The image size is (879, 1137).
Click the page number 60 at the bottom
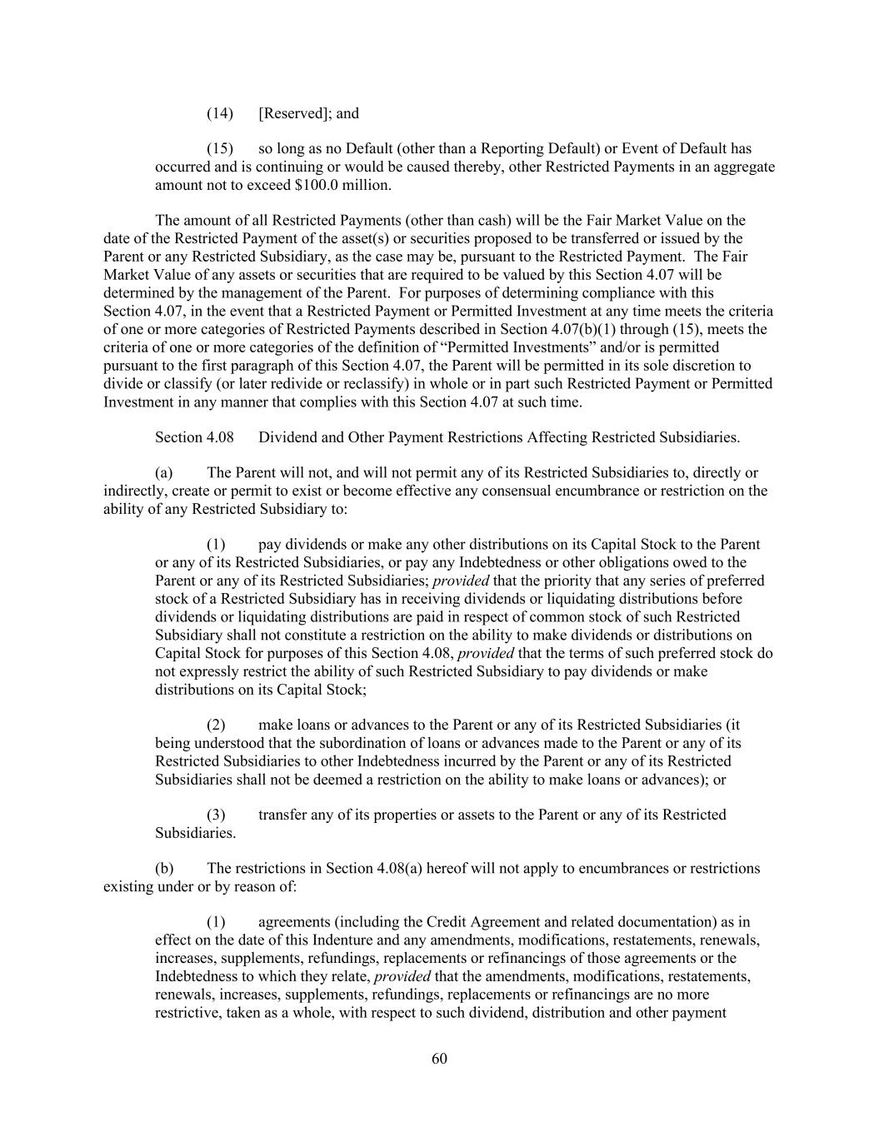(x=439, y=1059)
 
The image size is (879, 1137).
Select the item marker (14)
(x=219, y=113)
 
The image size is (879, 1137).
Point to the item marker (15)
(x=219, y=149)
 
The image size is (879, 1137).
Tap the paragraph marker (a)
(x=164, y=473)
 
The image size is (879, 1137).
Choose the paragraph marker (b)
(x=164, y=869)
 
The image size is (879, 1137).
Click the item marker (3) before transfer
(x=216, y=815)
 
